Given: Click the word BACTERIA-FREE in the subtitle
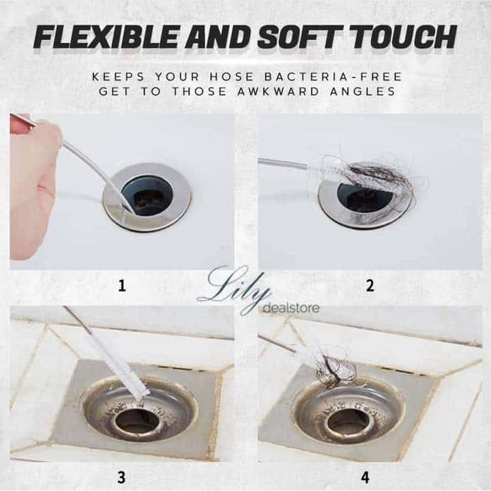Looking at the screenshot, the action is (x=333, y=76).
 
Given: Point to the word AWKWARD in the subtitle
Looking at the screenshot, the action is (x=278, y=91).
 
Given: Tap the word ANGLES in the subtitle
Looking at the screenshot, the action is (x=363, y=91).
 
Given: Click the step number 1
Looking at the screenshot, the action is (x=122, y=286).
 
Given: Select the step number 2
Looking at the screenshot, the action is (x=370, y=286).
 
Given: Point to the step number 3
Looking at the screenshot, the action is (x=121, y=477).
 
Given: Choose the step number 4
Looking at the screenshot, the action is (x=365, y=477).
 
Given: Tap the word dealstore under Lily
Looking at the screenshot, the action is (x=291, y=308).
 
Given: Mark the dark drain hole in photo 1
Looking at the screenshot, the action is (x=147, y=196).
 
